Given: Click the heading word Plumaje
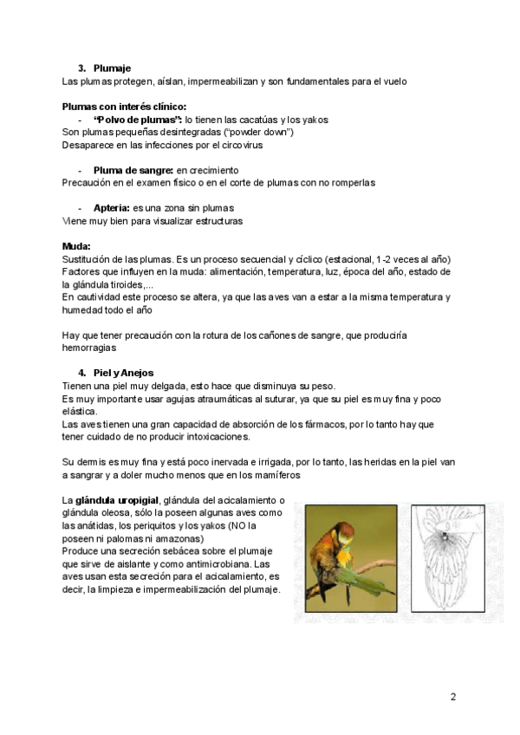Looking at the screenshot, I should [x=112, y=68].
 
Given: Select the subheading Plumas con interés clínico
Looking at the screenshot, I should [x=125, y=107].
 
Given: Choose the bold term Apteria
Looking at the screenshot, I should [x=112, y=208].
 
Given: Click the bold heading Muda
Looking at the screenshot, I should [x=76, y=246].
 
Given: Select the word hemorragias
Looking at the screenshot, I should [x=89, y=348].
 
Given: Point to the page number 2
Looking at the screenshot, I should [x=452, y=697].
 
